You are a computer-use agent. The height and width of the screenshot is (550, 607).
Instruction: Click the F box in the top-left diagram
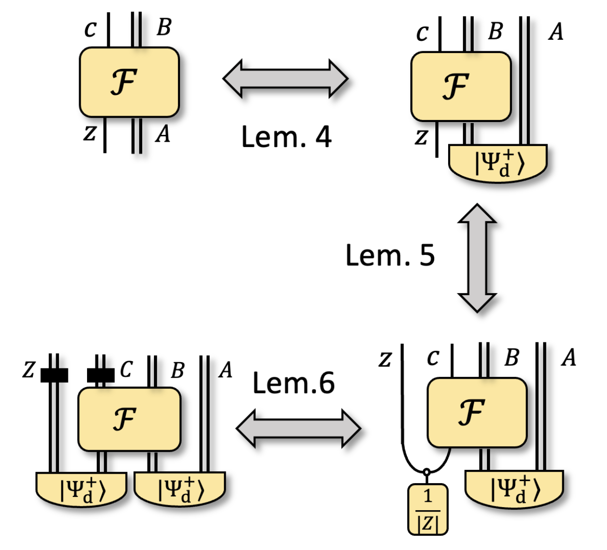tap(129, 82)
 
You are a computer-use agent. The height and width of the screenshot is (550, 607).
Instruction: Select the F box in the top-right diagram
tap(461, 86)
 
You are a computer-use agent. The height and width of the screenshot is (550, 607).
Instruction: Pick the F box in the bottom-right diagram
tap(477, 412)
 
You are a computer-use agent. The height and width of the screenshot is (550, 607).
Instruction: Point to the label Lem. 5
tap(390, 255)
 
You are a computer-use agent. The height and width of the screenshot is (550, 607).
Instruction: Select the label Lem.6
tap(293, 383)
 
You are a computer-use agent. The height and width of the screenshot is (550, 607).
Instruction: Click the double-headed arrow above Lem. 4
tap(285, 79)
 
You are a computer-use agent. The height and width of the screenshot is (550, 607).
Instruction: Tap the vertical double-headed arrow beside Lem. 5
tap(477, 258)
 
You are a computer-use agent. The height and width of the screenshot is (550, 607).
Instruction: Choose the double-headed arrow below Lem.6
tap(298, 428)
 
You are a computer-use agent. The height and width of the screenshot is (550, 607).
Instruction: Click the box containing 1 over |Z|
tap(427, 509)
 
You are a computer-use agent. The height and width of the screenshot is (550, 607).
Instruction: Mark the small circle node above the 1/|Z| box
tap(426, 472)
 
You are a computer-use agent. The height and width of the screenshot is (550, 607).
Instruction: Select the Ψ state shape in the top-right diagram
tap(497, 162)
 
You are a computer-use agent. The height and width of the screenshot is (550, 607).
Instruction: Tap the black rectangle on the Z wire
tap(54, 375)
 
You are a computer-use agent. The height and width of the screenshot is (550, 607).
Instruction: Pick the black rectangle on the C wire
tap(100, 375)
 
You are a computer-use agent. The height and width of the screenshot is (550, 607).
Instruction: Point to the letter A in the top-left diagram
tap(163, 134)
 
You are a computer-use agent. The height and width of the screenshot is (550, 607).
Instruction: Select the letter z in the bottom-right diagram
tap(385, 359)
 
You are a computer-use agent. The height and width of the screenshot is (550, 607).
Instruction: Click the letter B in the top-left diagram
tap(164, 28)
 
